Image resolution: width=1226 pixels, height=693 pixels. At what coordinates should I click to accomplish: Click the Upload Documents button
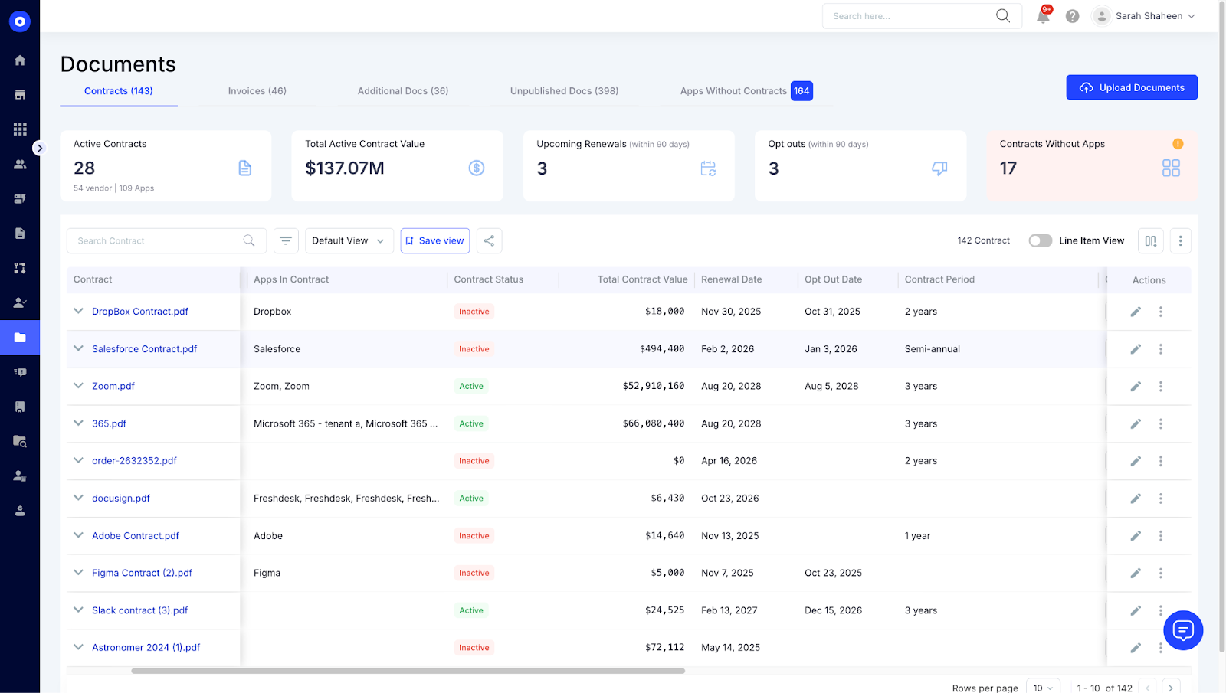[1131, 87]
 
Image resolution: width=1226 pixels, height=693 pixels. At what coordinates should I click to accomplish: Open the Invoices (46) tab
[257, 91]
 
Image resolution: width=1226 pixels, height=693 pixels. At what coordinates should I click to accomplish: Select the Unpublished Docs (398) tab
[564, 91]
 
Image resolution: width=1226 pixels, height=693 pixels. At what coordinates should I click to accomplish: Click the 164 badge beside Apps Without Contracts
[801, 91]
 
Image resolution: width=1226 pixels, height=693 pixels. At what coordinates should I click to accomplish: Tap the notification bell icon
[1043, 16]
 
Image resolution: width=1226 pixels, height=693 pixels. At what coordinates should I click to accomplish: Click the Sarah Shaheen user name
[1148, 16]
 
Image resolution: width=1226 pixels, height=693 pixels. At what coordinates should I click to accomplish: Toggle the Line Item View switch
[1040, 240]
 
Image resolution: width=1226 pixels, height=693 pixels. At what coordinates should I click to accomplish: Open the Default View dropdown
[349, 240]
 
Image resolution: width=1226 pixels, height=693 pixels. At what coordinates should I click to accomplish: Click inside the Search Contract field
[157, 240]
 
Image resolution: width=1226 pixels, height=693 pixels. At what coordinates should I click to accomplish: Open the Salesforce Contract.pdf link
[144, 349]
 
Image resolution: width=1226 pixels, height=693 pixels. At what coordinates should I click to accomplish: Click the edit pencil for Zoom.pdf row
[1136, 387]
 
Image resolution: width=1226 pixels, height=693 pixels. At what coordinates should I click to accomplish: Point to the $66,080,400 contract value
[653, 423]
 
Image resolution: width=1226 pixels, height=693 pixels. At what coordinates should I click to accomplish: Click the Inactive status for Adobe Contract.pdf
[474, 536]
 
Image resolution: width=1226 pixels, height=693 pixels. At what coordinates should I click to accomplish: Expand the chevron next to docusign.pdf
[78, 498]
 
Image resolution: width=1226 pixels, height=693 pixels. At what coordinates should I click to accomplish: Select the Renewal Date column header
[731, 279]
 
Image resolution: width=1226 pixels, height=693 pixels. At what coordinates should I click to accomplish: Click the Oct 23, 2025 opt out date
[833, 573]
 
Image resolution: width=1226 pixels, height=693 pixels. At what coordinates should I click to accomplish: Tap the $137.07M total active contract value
[345, 168]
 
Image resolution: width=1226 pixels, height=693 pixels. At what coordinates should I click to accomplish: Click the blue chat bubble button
[1182, 630]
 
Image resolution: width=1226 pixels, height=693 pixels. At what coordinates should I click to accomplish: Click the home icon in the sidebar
[20, 60]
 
